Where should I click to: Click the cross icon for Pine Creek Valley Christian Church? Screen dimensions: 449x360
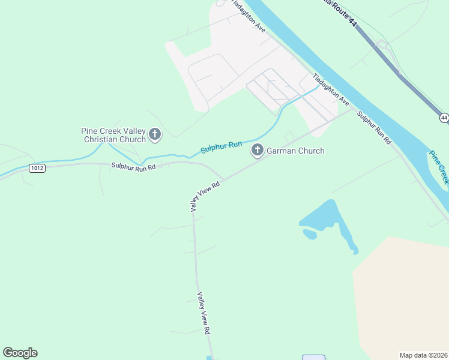pos(155,134)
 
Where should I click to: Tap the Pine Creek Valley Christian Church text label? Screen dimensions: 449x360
pos(113,135)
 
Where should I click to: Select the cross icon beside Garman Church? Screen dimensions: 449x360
pos(258,150)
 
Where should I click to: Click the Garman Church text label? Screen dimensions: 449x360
pos(295,151)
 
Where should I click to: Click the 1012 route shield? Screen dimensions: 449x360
pos(37,169)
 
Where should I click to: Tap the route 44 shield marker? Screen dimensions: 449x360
pos(444,118)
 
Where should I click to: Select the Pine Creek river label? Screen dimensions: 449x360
pos(439,166)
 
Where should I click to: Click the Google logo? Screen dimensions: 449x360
pos(20,353)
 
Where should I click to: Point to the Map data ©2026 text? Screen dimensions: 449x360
pos(424,355)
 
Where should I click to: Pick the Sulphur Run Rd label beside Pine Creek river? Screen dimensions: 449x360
pos(374,127)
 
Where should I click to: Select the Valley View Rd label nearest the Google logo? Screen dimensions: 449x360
pos(204,313)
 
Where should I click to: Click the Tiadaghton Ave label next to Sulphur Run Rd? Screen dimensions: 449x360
pos(331,90)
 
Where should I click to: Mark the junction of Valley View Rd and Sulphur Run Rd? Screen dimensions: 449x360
pos(224,179)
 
